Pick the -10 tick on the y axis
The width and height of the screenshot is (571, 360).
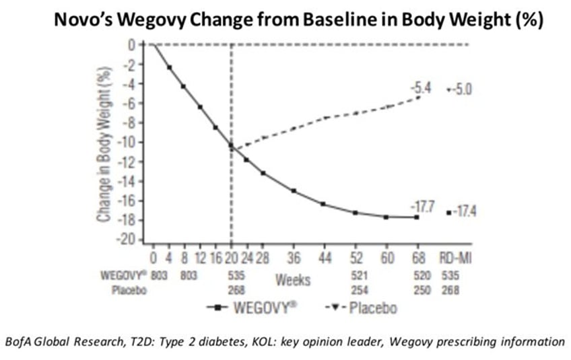coord(128,142)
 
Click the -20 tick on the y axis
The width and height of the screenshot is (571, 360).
coord(128,240)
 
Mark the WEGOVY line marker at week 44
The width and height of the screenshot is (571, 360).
coord(324,204)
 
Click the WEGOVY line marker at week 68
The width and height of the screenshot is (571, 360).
coord(417,217)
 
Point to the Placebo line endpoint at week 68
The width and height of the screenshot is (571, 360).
coord(417,98)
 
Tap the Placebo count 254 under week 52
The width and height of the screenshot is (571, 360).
coord(356,290)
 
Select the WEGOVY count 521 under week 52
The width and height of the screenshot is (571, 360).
coord(356,275)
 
